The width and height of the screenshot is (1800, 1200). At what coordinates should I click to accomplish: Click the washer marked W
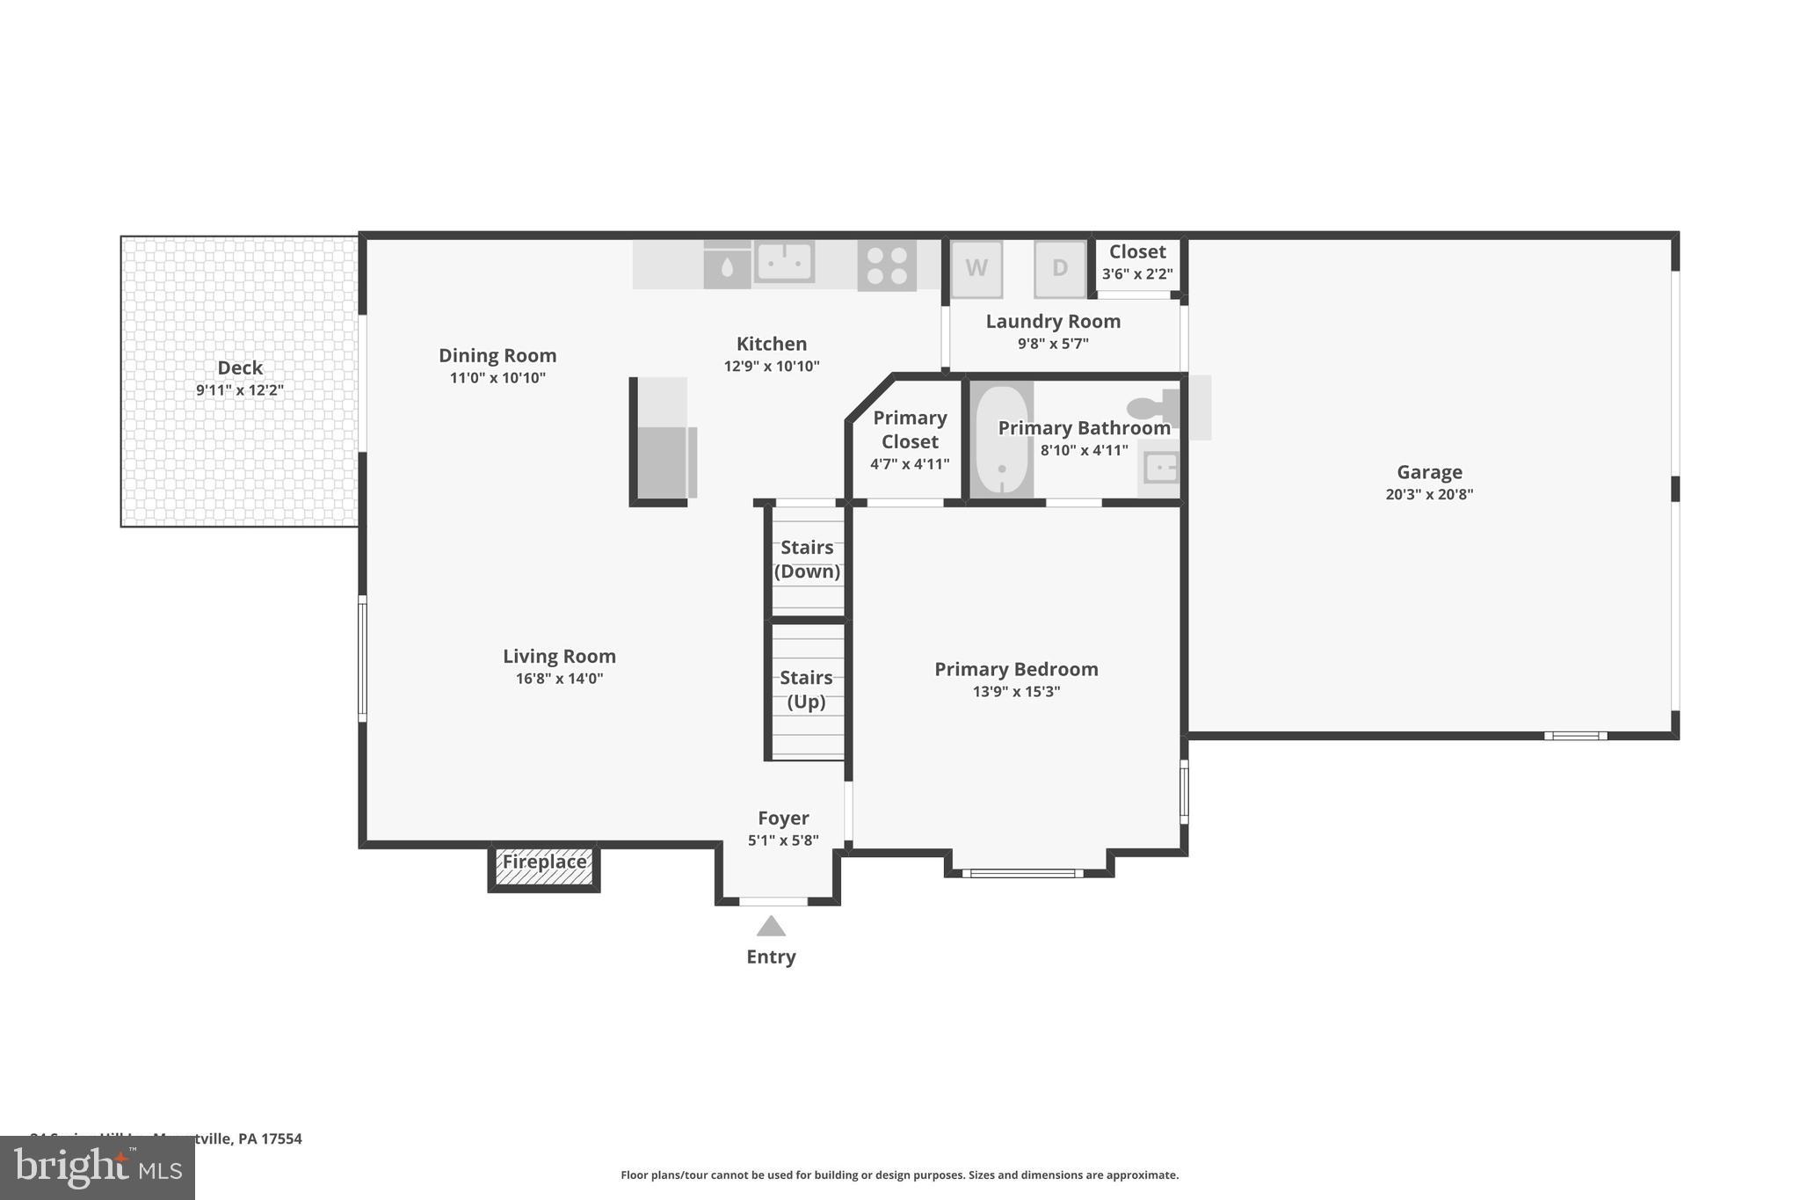[x=976, y=268]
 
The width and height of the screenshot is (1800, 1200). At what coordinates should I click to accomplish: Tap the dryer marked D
[x=1060, y=268]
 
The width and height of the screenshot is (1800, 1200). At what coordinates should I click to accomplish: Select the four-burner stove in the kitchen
[x=887, y=265]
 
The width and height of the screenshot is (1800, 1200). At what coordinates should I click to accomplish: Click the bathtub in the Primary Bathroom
[x=1001, y=440]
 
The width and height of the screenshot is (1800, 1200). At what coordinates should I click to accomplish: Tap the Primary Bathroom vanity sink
[x=1161, y=467]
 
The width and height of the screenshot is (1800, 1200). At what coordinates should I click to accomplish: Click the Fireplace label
[x=544, y=862]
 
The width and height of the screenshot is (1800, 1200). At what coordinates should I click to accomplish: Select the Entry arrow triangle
[x=771, y=926]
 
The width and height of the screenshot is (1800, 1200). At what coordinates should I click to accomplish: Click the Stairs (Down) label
[x=807, y=559]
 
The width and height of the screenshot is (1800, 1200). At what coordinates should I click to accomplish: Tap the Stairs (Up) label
[x=806, y=689]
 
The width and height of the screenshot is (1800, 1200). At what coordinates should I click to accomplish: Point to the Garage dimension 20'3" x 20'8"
[x=1429, y=494]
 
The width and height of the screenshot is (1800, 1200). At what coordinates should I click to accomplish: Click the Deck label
[x=240, y=367]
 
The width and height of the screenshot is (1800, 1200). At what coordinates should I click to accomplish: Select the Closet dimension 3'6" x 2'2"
[x=1137, y=273]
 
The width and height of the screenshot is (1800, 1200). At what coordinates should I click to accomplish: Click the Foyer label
[x=783, y=818]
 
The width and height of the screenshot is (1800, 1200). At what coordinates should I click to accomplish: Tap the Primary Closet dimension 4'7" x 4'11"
[x=910, y=464]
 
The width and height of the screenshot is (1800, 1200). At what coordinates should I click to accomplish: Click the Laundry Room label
[x=1053, y=321]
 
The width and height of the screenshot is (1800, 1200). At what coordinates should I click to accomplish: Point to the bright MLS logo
[x=98, y=1167]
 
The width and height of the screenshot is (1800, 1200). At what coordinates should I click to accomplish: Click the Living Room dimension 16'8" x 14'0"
[x=559, y=679]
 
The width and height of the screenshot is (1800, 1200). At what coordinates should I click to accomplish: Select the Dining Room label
[x=497, y=355]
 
